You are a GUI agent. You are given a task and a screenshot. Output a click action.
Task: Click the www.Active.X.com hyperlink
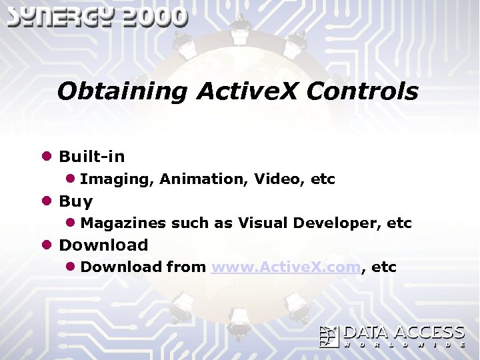(286, 267)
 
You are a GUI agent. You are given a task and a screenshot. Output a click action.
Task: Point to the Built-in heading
(92, 157)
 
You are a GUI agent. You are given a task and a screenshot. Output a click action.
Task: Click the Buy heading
(76, 201)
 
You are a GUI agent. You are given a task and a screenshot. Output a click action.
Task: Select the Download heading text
(104, 245)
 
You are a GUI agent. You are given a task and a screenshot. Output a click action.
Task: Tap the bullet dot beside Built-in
(47, 157)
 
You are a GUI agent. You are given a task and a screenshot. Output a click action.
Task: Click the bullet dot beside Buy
(47, 201)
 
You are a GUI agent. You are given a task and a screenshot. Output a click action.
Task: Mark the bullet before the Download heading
(47, 245)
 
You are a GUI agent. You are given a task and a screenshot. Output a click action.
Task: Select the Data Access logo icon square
(329, 337)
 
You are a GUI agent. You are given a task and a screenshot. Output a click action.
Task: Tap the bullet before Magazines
(70, 223)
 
